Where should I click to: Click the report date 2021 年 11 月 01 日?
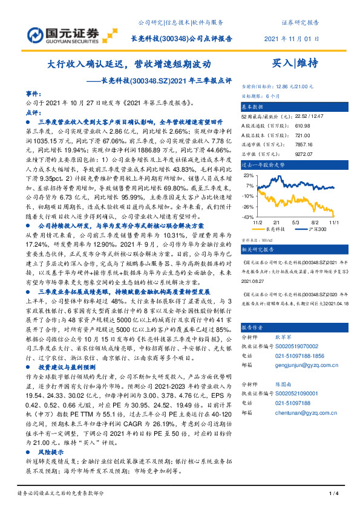point(292,38)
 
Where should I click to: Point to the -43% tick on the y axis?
point(248,216)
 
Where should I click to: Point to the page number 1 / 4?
point(333,494)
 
